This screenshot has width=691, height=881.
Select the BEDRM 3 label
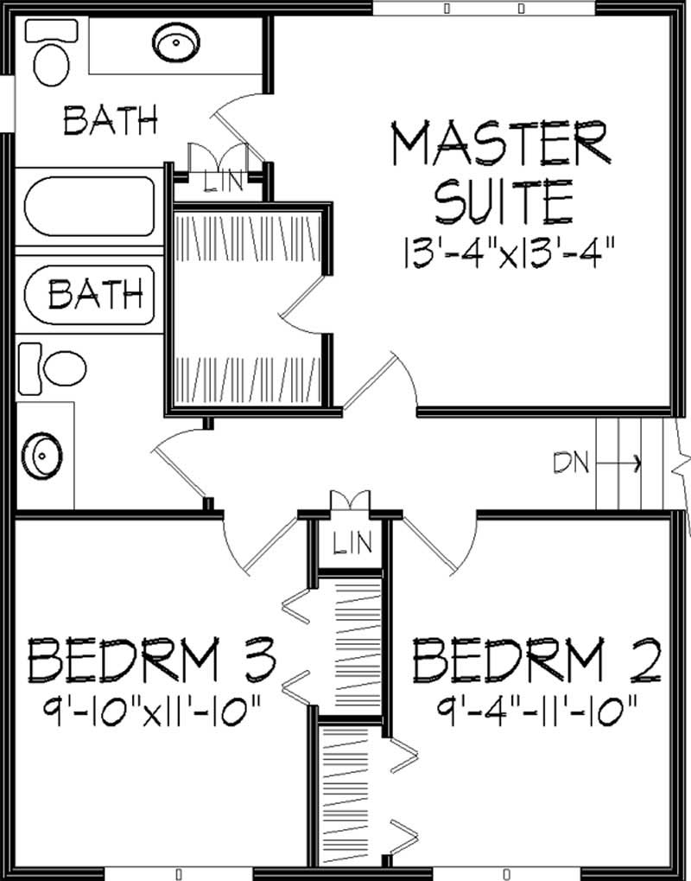pos(153,661)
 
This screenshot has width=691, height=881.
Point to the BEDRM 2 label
pos(536,661)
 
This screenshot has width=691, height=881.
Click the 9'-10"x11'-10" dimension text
pos(153,714)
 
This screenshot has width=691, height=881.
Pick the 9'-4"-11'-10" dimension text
pos(537,714)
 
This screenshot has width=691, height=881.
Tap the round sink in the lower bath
pos(41,453)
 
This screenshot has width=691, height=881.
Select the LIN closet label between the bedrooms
pos(352,544)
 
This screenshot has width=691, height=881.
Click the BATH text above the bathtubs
pos(111,120)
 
